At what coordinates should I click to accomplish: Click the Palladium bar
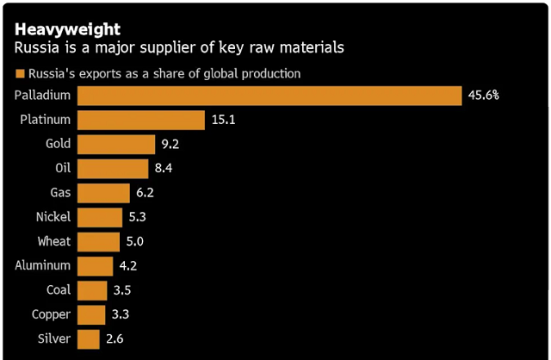point(269,95)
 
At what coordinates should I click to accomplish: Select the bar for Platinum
point(141,120)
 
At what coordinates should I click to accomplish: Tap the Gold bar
point(117,144)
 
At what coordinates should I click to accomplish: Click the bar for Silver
point(89,339)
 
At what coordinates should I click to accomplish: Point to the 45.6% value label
point(483,95)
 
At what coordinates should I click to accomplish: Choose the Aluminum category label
point(43,266)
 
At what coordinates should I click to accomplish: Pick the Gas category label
point(60,193)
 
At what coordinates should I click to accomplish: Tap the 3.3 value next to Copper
point(122,315)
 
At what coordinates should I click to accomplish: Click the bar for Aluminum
point(95,266)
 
